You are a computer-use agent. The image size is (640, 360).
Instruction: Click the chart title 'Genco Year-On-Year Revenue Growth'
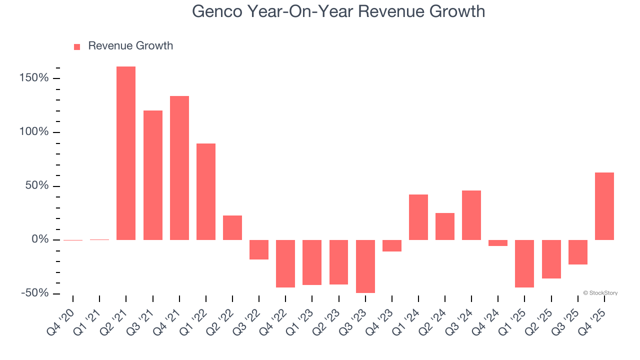338,11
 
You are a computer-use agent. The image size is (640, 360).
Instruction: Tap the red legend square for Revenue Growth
77,46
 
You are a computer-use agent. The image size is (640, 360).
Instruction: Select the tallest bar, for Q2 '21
126,153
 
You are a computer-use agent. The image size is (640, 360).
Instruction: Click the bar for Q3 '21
153,175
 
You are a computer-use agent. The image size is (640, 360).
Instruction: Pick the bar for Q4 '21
179,168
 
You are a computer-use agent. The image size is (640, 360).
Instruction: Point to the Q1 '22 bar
206,191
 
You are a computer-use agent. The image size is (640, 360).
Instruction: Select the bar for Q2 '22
232,227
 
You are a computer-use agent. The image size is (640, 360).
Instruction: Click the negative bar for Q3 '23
365,266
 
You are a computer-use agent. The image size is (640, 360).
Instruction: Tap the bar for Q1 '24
418,217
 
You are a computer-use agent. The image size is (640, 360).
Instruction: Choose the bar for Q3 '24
471,215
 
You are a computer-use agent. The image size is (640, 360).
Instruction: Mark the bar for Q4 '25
604,206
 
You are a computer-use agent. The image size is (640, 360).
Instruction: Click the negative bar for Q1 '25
525,263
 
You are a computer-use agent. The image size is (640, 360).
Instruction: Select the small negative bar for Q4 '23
392,245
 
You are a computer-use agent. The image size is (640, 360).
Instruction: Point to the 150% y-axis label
34,78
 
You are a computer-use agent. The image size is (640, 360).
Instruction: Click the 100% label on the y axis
34,132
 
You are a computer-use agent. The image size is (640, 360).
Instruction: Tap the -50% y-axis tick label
34,293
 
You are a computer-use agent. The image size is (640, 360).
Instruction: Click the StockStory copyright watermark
600,293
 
